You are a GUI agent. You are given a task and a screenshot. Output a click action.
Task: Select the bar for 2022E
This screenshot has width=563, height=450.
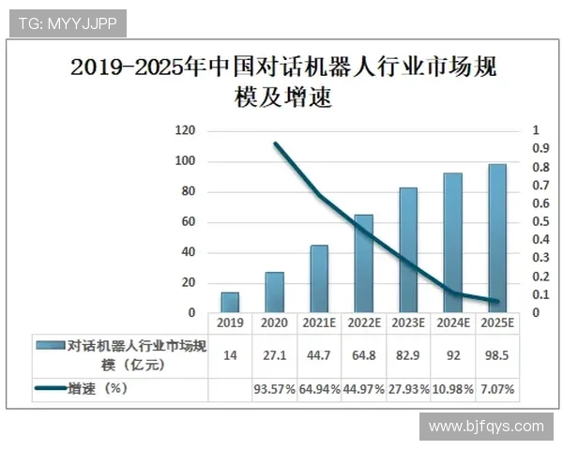[x=363, y=263]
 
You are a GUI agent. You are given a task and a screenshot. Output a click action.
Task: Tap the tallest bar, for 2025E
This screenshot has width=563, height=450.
[x=496, y=238]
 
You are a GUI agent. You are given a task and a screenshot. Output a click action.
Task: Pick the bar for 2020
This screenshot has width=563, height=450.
[x=274, y=292]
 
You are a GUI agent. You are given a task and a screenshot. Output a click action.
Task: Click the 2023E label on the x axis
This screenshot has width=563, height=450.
[x=408, y=322]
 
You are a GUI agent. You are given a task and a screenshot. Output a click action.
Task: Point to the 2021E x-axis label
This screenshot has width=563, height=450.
[x=319, y=322]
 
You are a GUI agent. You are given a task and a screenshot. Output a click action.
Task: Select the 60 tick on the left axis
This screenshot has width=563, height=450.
[x=188, y=221]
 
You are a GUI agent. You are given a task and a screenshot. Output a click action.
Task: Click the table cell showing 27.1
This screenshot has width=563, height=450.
[x=274, y=355]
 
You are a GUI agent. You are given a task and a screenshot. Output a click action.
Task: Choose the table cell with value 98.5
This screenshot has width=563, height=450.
[x=496, y=355]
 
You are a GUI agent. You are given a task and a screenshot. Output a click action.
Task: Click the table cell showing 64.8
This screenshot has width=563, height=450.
[x=363, y=355]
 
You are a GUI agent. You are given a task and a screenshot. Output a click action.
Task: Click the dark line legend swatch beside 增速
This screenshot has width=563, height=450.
[x=50, y=387]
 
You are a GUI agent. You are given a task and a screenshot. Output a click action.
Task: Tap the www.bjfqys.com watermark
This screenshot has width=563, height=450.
[x=485, y=427]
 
